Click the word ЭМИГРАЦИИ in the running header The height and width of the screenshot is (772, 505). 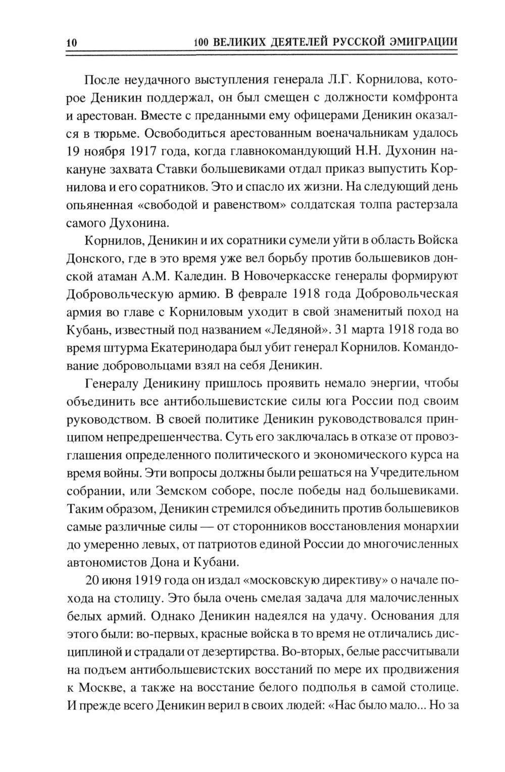(423, 42)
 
